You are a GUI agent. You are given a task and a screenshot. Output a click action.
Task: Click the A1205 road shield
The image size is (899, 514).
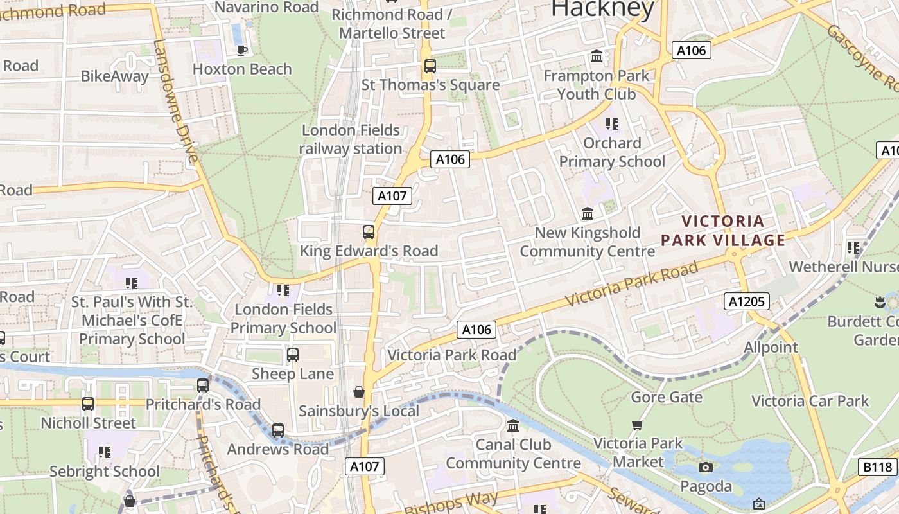click(746, 301)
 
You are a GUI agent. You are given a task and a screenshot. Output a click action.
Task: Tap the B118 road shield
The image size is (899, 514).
click(877, 467)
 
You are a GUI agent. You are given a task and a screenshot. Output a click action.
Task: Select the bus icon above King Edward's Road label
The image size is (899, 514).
click(369, 232)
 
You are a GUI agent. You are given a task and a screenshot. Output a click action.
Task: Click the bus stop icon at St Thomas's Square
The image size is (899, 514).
click(430, 66)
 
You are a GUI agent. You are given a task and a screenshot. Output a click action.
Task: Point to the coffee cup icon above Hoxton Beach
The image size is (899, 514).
click(241, 50)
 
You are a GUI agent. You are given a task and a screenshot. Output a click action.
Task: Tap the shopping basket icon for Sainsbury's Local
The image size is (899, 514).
click(359, 392)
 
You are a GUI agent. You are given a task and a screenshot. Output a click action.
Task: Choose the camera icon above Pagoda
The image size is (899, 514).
click(705, 467)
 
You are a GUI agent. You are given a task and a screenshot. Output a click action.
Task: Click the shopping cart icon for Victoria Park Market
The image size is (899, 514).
click(637, 425)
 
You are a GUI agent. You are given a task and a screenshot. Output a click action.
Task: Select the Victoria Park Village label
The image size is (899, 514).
click(723, 231)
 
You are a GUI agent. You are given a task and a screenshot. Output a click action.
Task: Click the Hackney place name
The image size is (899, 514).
click(602, 9)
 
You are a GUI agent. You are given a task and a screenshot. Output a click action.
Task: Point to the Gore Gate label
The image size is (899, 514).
click(667, 397)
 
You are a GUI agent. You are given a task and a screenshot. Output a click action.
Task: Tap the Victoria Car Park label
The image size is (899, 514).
click(810, 402)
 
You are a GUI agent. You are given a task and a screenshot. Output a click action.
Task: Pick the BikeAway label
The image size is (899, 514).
click(114, 76)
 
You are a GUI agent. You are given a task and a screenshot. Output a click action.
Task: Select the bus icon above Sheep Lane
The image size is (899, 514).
click(293, 354)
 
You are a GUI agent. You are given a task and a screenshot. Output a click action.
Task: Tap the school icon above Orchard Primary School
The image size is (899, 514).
click(611, 123)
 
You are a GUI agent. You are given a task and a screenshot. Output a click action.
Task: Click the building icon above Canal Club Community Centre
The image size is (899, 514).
click(513, 425)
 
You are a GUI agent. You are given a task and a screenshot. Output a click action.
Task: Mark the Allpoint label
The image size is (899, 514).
click(771, 348)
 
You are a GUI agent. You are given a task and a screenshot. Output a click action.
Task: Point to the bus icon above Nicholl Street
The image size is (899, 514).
click(88, 404)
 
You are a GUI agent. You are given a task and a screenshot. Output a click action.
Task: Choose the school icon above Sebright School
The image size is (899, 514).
click(104, 452)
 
